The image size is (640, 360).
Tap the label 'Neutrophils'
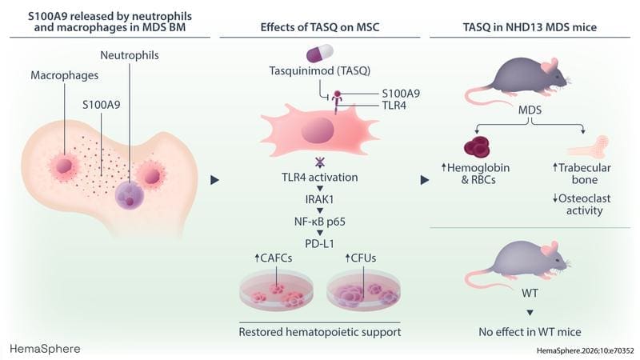pyautogui.click(x=130, y=56)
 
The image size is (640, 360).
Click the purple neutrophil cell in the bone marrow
pyautogui.click(x=130, y=194)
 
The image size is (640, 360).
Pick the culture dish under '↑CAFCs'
pyautogui.click(x=274, y=296)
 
